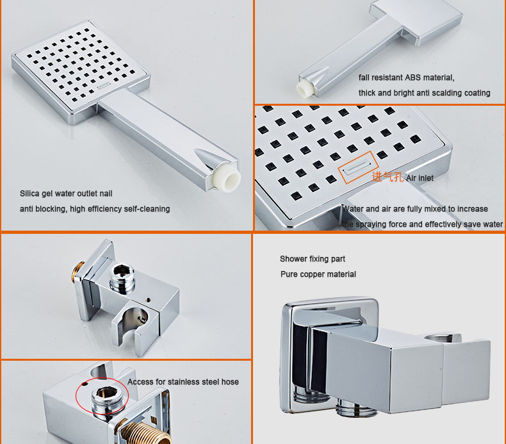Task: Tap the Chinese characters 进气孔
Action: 388,177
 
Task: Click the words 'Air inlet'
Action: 420,178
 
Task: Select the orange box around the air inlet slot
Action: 358,167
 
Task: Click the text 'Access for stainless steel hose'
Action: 183,382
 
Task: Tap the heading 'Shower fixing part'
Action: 313,259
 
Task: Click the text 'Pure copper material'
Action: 318,274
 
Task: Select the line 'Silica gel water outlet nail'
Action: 66,193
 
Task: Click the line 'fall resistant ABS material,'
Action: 406,78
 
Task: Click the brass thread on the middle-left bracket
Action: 78,272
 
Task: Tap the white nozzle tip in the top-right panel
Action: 306,88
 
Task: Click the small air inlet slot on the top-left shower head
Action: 104,86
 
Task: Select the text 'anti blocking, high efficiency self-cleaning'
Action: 95,209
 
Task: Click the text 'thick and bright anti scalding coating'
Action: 425,93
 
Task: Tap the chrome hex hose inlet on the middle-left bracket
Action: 122,279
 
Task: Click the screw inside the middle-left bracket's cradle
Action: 142,318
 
